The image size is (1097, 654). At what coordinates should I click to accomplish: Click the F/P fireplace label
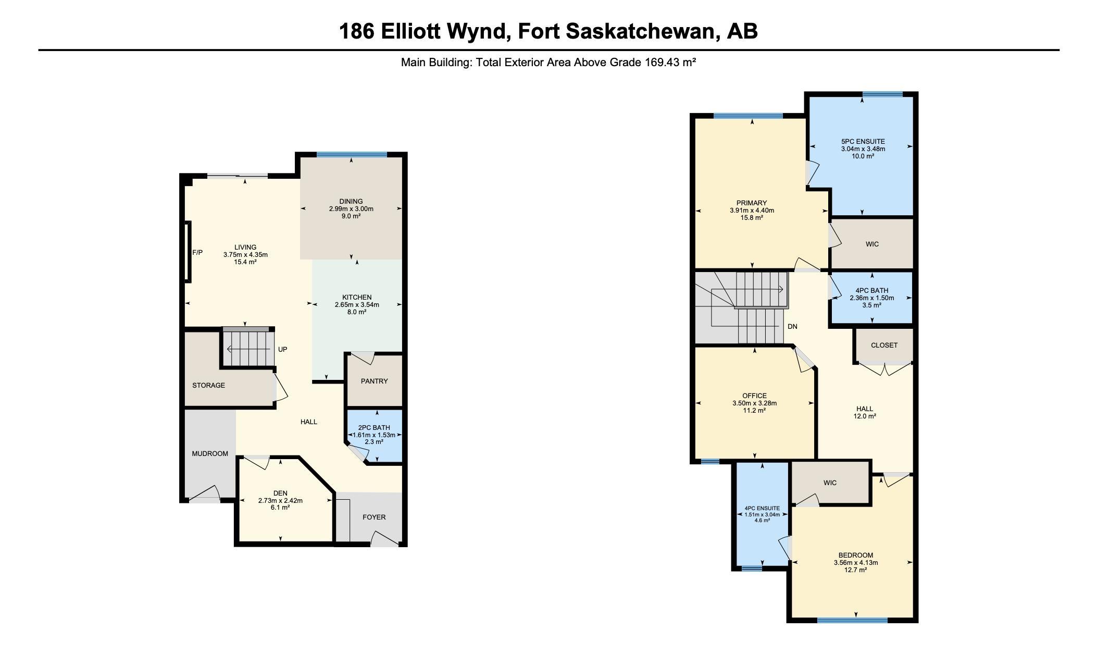(x=197, y=253)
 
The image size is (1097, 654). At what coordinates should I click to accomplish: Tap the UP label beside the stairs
(x=282, y=350)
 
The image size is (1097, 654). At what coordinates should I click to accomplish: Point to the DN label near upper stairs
(x=792, y=327)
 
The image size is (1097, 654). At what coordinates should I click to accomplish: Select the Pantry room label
(x=374, y=381)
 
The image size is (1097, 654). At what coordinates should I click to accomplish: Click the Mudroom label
(x=210, y=454)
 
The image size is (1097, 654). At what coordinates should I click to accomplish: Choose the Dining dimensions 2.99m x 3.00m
(x=351, y=209)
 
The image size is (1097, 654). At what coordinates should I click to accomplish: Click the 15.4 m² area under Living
(x=245, y=262)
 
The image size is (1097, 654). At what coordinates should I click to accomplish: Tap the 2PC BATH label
(x=373, y=428)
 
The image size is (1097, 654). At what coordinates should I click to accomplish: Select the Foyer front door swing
(x=384, y=539)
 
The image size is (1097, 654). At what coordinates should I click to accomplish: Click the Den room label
(x=280, y=493)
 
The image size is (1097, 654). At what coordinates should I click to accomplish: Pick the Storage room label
(x=208, y=386)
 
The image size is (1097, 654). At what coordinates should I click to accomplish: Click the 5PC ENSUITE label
(x=863, y=141)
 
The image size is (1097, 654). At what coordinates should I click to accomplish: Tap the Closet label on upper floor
(x=884, y=345)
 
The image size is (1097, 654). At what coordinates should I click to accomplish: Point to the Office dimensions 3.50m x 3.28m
(x=754, y=403)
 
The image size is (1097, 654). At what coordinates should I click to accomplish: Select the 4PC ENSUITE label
(x=762, y=508)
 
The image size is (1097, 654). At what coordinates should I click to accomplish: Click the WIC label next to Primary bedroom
(x=872, y=244)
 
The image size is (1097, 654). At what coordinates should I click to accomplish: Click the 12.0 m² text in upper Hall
(x=864, y=416)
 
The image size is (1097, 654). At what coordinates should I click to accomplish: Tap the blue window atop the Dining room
(x=352, y=155)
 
